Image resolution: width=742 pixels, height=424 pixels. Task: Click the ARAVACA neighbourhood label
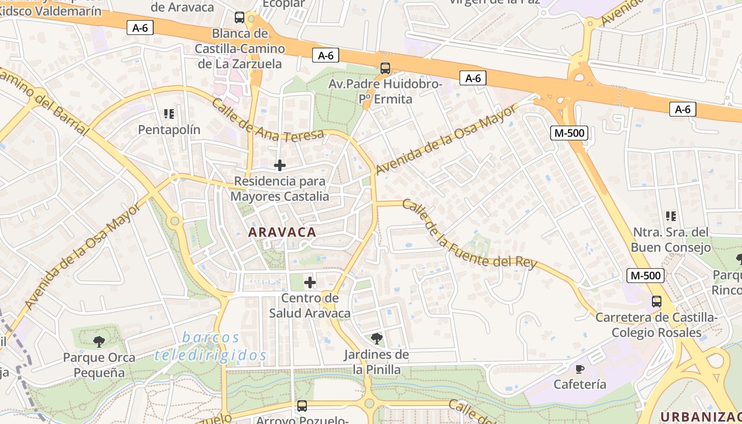[281, 232]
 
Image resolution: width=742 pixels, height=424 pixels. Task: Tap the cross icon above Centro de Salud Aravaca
[310, 282]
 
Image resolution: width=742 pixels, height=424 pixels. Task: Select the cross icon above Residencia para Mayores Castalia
[280, 165]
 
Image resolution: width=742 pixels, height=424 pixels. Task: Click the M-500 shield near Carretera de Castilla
[644, 276]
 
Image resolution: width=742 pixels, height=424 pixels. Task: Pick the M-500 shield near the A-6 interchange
[570, 133]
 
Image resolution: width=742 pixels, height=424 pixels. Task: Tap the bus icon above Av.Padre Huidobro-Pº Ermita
[385, 68]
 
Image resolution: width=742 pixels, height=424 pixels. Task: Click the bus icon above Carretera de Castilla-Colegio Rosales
[657, 302]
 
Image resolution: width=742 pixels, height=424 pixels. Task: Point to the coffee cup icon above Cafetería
[580, 369]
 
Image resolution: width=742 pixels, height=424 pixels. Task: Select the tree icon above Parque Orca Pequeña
[99, 342]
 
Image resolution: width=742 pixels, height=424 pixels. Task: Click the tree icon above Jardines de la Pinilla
[377, 338]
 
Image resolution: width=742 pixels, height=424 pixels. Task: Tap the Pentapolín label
[169, 130]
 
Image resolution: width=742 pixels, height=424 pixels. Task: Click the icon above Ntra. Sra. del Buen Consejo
[671, 216]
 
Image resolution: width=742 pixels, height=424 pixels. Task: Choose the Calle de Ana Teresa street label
[268, 120]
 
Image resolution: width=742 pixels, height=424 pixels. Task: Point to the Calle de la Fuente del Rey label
[469, 234]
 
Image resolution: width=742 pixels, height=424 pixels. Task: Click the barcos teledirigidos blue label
[210, 347]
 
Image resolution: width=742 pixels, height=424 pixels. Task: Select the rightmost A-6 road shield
[683, 110]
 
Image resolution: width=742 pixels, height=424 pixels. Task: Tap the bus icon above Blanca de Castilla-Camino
[240, 17]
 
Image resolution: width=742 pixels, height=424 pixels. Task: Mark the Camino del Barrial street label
[42, 101]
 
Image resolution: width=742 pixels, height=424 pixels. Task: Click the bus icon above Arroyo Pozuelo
[302, 406]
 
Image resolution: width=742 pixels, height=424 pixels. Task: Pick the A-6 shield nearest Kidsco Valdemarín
[140, 28]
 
